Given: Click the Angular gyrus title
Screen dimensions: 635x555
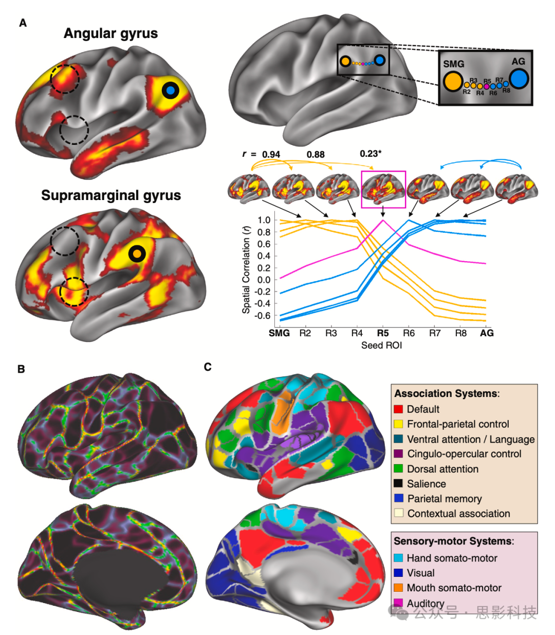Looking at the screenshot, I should (110, 34).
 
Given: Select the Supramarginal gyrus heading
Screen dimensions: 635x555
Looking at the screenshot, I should (111, 196).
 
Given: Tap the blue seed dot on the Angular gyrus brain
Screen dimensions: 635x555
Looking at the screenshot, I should (171, 90).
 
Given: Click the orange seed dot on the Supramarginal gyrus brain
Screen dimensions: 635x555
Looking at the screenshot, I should (137, 253).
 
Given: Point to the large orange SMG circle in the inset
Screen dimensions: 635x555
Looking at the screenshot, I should (453, 82).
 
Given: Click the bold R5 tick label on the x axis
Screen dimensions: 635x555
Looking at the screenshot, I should (382, 333).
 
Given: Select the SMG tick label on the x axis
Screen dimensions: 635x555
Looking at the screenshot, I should (279, 333).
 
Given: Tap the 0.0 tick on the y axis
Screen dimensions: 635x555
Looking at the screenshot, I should (264, 280).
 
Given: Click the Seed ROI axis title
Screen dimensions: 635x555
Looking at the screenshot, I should (381, 346).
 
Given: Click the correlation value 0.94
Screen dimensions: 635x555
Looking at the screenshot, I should (271, 154).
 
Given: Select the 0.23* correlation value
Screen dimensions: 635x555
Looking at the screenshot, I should (371, 154).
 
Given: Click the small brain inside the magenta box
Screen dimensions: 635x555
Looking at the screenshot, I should (383, 189).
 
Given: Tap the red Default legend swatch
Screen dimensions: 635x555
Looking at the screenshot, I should (398, 409).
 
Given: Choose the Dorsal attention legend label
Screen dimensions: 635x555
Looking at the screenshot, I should (442, 469).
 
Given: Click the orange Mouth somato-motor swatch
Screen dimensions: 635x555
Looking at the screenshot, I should (398, 588).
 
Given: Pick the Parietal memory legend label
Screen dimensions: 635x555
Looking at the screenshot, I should (445, 499).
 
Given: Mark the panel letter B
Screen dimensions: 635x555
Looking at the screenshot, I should (21, 369).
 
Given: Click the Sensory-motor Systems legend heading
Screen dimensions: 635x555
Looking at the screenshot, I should (454, 541).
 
